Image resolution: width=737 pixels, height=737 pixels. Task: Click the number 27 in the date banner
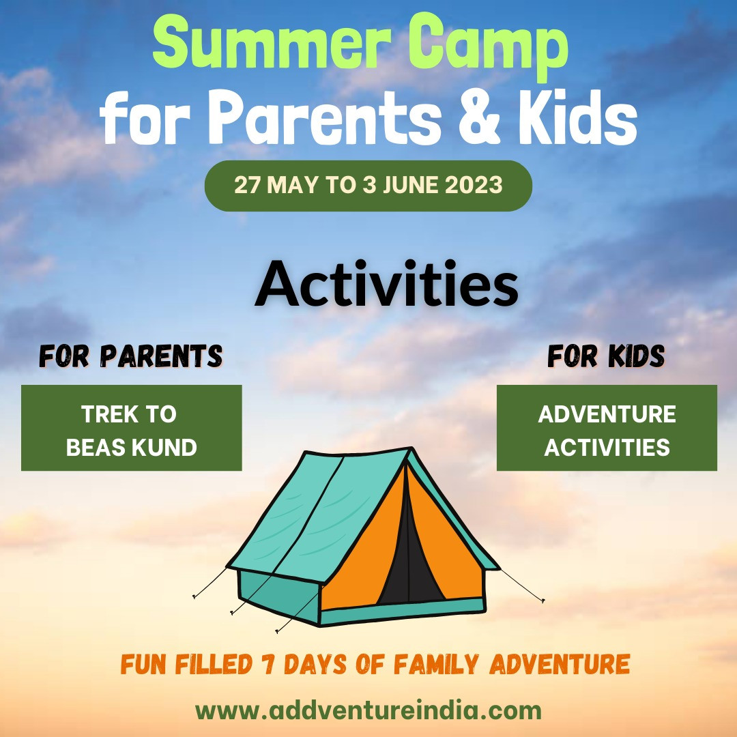[x=246, y=185]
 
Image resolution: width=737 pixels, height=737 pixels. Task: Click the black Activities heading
[x=386, y=285]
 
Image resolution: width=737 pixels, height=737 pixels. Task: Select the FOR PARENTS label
[x=131, y=356]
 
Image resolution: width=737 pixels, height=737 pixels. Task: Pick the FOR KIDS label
[x=606, y=356]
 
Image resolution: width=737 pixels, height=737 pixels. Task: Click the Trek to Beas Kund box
[x=132, y=428]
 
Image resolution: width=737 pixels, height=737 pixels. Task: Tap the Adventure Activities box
[x=607, y=428]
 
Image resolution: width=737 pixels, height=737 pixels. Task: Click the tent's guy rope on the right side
[x=522, y=585]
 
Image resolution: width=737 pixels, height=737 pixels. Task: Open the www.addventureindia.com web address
[x=369, y=710]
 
